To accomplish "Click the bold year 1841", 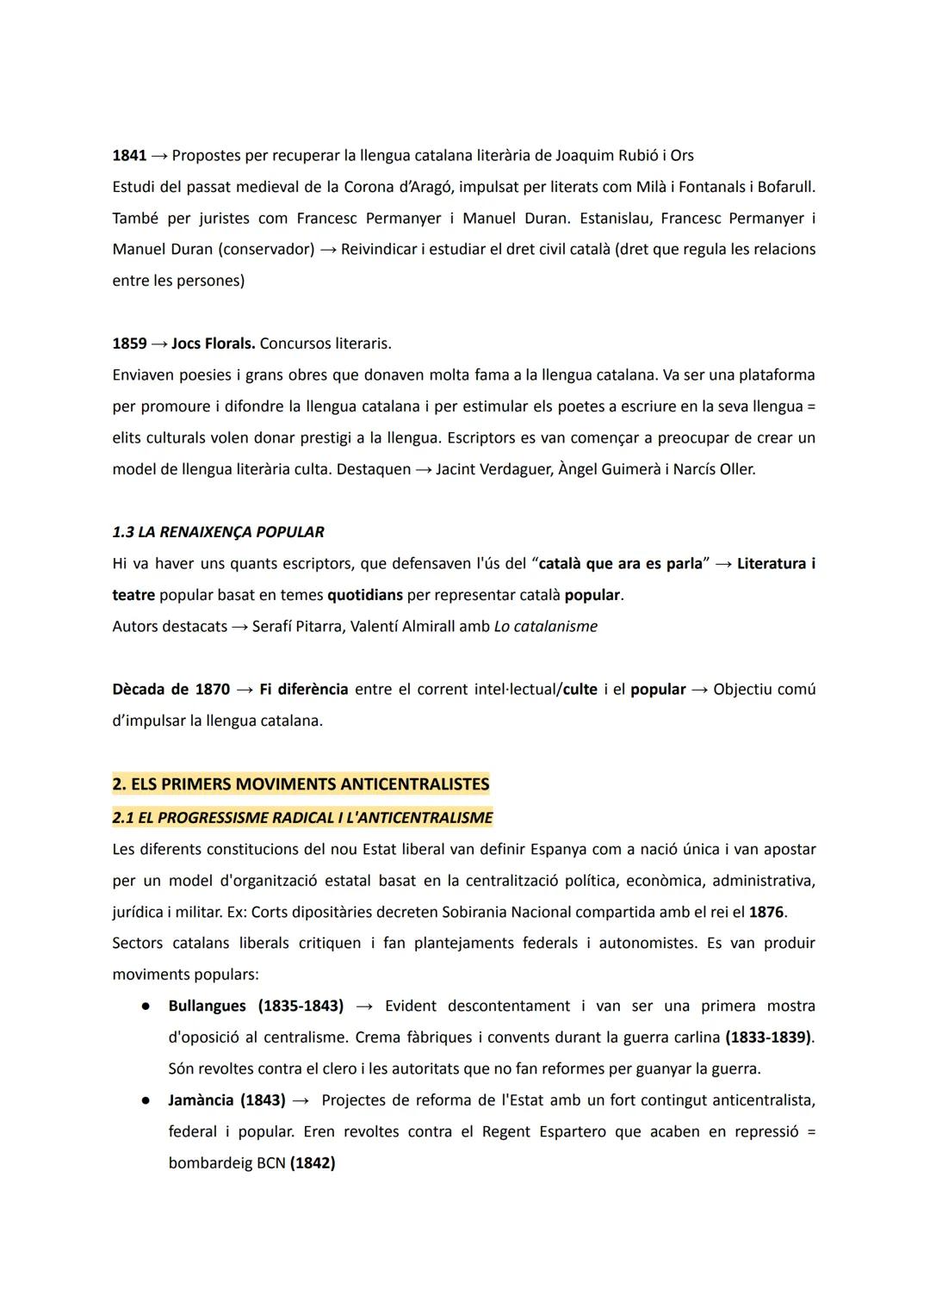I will coord(129,156).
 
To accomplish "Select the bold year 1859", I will coord(129,344).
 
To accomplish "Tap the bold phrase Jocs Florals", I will coord(213,344).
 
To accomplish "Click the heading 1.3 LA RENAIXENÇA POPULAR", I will coord(218,532).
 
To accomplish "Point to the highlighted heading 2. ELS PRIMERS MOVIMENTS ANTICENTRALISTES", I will coord(301,784).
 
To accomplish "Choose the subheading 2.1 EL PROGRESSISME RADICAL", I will coord(302,818).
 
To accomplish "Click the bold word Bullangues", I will coord(207,1006).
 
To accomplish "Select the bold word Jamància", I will coord(201,1100).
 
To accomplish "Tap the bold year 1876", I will coord(766,912).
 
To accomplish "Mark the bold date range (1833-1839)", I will coord(768,1037).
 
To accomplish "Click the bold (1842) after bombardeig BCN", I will coord(313,1163).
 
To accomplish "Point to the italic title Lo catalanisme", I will coord(545,627).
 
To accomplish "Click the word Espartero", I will coord(572,1131).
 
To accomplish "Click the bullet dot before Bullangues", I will coord(147,1006).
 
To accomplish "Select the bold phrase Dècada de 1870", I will coord(170,690).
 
